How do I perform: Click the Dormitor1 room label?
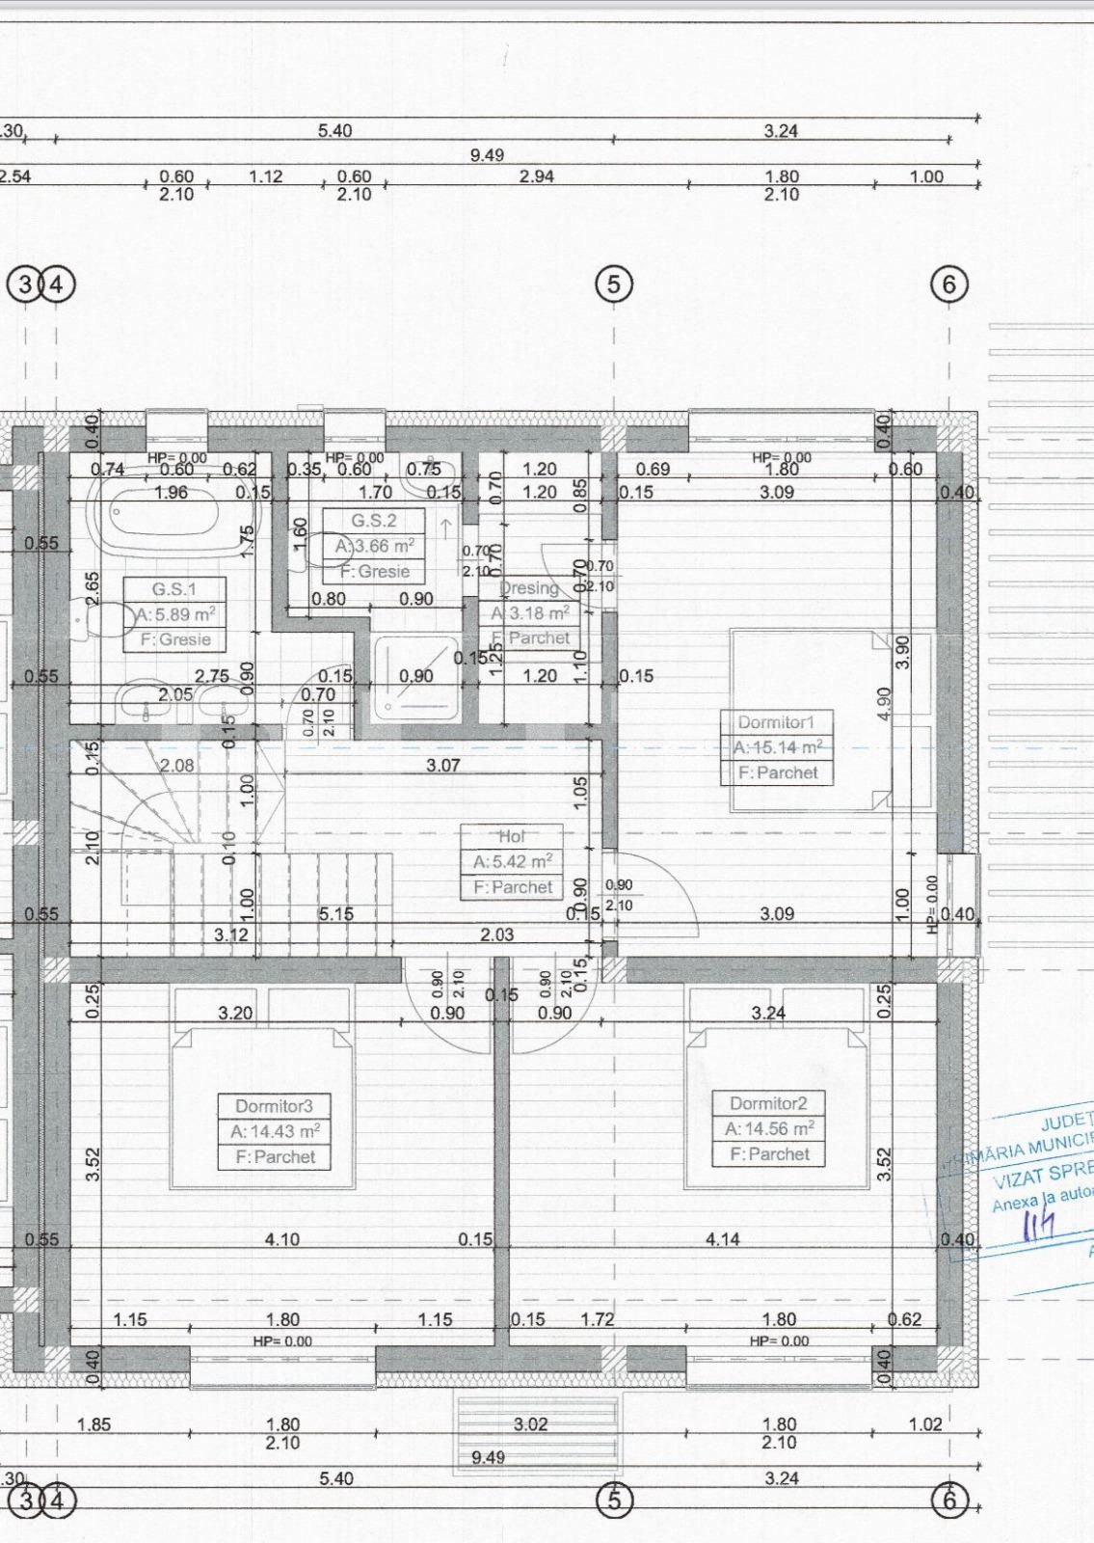(776, 722)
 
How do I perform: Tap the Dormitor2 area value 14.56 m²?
(769, 1128)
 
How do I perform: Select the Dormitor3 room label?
(275, 1106)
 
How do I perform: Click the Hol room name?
(512, 837)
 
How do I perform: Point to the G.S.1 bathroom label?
(174, 589)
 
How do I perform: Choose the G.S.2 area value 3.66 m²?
(374, 546)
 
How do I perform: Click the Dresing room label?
(529, 588)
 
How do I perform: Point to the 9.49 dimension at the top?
(487, 154)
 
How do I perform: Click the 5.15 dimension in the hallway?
(335, 913)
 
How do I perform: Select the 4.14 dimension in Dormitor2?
(722, 1239)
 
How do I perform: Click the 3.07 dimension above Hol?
(443, 766)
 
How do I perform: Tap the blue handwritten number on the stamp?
(1038, 1225)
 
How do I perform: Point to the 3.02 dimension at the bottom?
(530, 1423)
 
